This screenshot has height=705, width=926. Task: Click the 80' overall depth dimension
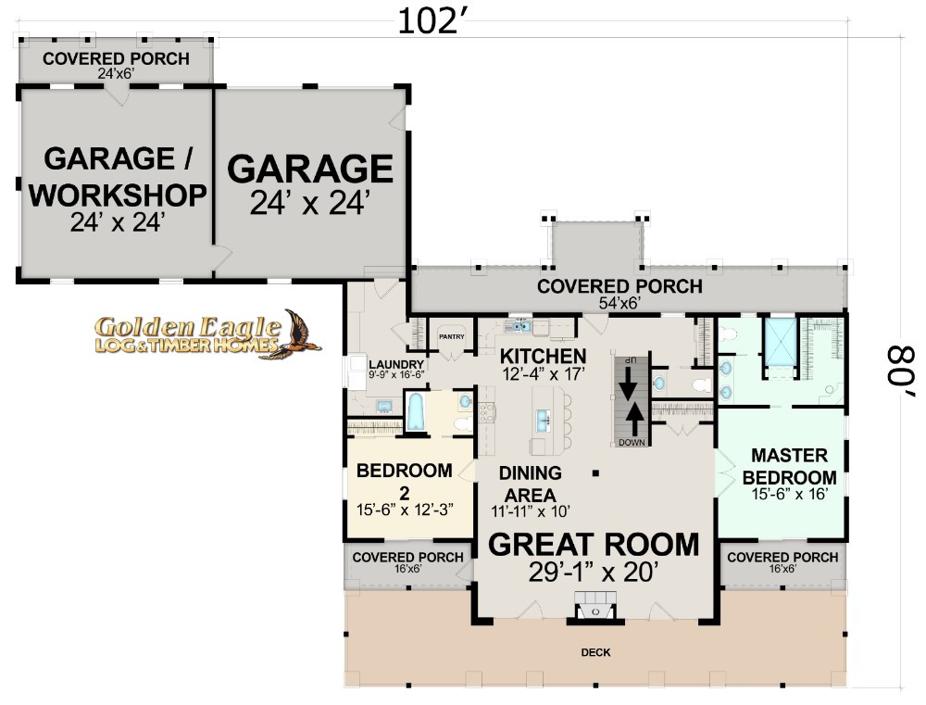[x=901, y=371]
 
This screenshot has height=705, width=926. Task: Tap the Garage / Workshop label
[x=118, y=190]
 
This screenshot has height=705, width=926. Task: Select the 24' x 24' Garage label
[x=310, y=184]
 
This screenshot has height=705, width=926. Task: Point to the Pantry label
[x=452, y=336]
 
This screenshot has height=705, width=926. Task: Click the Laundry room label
[x=396, y=369]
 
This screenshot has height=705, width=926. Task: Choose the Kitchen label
[x=544, y=364]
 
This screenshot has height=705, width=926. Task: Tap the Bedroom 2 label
[x=405, y=490]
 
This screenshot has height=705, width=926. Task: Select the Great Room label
[x=594, y=557]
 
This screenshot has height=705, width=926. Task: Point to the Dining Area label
[x=531, y=492]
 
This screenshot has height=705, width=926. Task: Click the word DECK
[x=595, y=652]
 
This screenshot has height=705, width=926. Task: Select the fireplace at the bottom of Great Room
[x=595, y=607]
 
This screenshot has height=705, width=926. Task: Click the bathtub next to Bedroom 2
[x=415, y=411]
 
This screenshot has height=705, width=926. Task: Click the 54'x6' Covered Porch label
[x=619, y=294]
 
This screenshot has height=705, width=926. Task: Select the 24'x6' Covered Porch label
[x=117, y=65]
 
